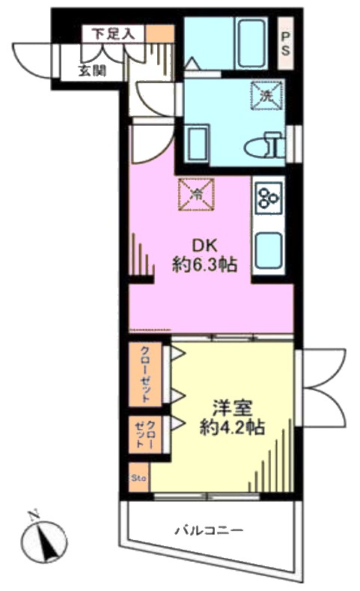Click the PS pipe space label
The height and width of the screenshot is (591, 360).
[286, 43]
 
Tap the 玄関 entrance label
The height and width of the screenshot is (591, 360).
[92, 70]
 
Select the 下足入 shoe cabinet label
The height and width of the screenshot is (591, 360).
[113, 34]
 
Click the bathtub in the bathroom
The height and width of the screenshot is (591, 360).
[251, 43]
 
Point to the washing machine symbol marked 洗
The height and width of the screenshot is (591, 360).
[267, 96]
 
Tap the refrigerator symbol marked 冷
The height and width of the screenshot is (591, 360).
[196, 195]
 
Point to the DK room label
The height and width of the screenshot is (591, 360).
[205, 246]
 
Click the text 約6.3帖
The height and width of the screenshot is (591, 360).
[205, 264]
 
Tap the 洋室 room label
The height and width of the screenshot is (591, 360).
[232, 408]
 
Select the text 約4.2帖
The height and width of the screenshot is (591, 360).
[232, 428]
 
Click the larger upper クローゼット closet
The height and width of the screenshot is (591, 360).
[146, 374]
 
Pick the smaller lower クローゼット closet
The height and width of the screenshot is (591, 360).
[146, 434]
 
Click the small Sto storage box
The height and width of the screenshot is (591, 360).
[139, 478]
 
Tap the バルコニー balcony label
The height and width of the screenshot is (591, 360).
[209, 530]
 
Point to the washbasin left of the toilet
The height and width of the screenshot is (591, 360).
[196, 144]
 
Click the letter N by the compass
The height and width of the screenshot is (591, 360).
[34, 514]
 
